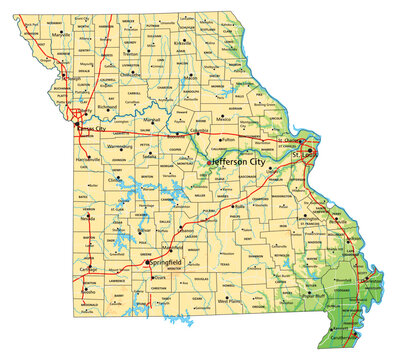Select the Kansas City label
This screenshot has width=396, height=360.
[96, 130]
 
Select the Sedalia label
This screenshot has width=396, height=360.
[150, 157]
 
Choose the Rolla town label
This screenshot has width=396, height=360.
[240, 207]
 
